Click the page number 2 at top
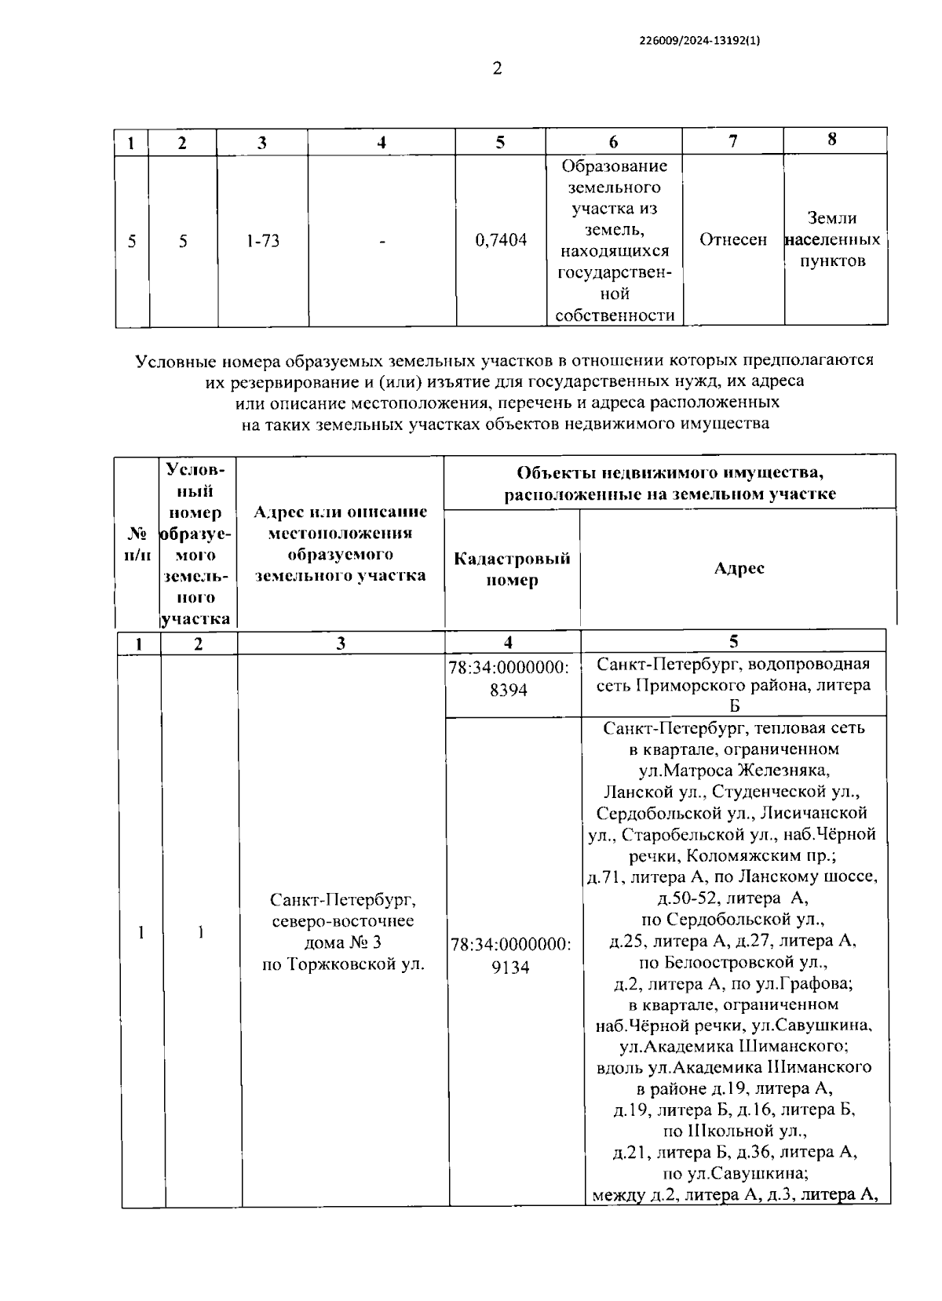496,69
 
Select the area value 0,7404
501,241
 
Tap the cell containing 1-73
262,241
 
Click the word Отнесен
732,240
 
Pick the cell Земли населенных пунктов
832,239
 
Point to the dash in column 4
382,242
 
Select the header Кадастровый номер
512,570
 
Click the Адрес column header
739,568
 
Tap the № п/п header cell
138,544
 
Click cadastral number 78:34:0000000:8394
508,679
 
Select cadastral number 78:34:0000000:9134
510,956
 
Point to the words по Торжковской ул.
343,964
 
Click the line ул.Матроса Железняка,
734,770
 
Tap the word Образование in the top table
615,166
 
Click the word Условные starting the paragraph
175,361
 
